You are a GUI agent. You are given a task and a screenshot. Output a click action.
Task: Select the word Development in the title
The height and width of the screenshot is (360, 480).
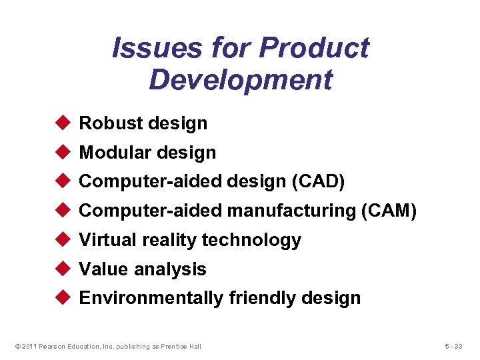pyautogui.click(x=240, y=79)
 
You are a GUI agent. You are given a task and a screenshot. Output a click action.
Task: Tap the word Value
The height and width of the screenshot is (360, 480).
pyautogui.click(x=104, y=269)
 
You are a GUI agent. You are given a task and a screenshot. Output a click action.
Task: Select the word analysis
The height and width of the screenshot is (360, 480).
pyautogui.click(x=171, y=269)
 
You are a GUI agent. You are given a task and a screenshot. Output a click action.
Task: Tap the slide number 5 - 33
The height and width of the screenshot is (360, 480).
pyautogui.click(x=455, y=346)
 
